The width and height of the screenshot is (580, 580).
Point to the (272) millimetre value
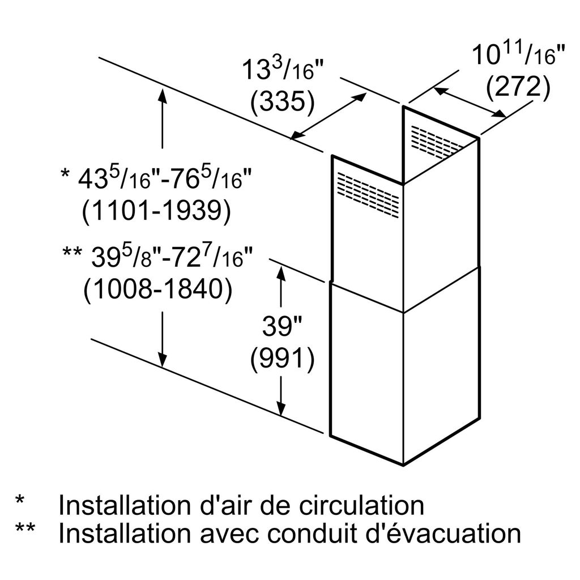click(x=518, y=87)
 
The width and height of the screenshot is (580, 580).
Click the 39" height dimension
click(x=282, y=327)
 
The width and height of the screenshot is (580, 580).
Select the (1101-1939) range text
click(x=156, y=212)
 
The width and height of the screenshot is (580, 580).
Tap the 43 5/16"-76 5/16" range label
click(x=156, y=180)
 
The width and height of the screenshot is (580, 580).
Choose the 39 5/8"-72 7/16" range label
click(x=156, y=259)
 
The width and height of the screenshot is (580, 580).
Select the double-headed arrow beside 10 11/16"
click(x=470, y=103)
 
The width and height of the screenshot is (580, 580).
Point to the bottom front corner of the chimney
click(x=403, y=465)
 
